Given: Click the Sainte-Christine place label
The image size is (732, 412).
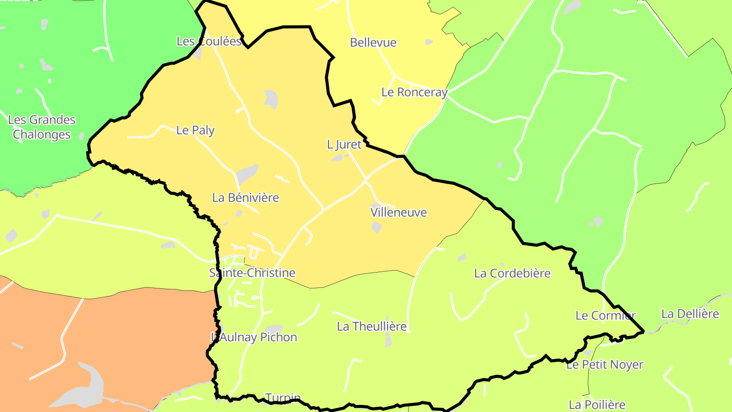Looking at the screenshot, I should pyautogui.click(x=252, y=273).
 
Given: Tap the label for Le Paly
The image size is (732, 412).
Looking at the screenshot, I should pyautogui.click(x=195, y=130).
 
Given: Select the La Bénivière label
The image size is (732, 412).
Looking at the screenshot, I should pyautogui.click(x=246, y=198).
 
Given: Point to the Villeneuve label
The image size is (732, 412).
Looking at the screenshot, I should pyautogui.click(x=399, y=212).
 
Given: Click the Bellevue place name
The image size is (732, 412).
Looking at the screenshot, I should pyautogui.click(x=373, y=43).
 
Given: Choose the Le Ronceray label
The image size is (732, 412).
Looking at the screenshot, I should pyautogui.click(x=414, y=93).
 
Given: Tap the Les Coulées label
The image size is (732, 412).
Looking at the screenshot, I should pyautogui.click(x=208, y=42).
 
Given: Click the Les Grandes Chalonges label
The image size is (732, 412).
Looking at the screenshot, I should pyautogui.click(x=42, y=127).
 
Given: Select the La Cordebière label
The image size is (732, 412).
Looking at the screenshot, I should pyautogui.click(x=512, y=274).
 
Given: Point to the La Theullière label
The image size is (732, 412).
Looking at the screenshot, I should pyautogui.click(x=372, y=327).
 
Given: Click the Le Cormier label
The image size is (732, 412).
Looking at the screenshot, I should pyautogui.click(x=605, y=316).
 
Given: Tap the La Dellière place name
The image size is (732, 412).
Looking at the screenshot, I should pyautogui.click(x=690, y=314).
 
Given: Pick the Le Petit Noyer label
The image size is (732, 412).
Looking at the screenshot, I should pyautogui.click(x=605, y=365).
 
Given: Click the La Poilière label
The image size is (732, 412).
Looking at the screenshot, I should pyautogui.click(x=597, y=405).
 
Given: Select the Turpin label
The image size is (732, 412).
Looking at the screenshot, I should pyautogui.click(x=283, y=397).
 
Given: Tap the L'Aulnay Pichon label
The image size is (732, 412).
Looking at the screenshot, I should pyautogui.click(x=254, y=337).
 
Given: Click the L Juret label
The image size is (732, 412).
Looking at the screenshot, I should pyautogui.click(x=344, y=145).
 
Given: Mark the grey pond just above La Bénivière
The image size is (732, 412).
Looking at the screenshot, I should pyautogui.click(x=248, y=174).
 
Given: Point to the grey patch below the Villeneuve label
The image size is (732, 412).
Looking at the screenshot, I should pyautogui.click(x=377, y=227).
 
